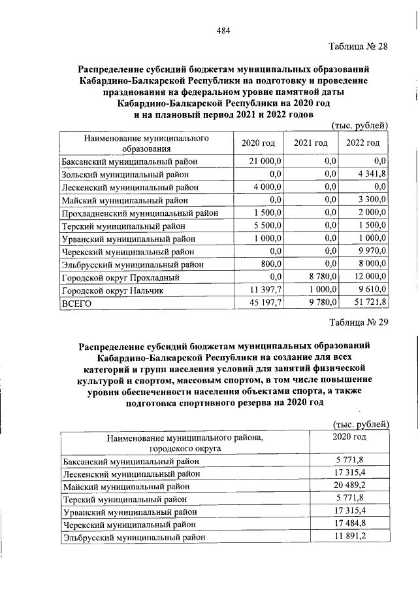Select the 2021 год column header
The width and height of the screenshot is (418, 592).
point(310,143)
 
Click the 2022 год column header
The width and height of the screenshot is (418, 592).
point(362,143)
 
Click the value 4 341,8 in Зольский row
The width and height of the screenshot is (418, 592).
point(372,174)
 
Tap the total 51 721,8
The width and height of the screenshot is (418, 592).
point(370,303)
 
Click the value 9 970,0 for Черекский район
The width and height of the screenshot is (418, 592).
point(372,251)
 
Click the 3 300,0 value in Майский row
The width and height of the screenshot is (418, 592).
point(372,200)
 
